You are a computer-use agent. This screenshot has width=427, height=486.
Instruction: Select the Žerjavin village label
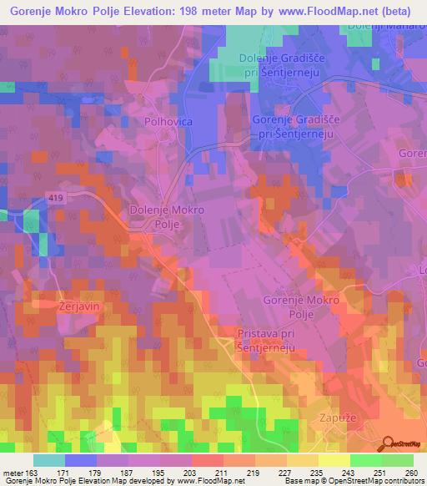[57, 306]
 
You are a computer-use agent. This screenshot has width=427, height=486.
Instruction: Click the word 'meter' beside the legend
[13, 473]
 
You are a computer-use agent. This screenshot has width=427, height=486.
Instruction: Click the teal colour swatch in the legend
[48, 460]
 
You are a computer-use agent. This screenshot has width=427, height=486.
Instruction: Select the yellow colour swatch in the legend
[334, 460]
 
